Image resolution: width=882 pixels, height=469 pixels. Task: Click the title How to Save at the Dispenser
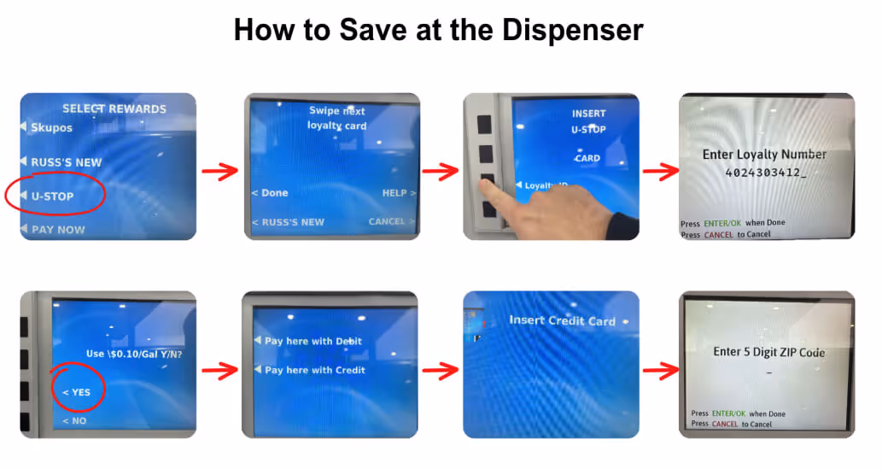[438, 30]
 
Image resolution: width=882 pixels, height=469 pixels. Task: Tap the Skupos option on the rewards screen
[51, 127]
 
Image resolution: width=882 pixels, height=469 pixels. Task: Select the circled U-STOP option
[53, 196]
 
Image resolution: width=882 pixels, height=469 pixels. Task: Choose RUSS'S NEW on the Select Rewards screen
[66, 162]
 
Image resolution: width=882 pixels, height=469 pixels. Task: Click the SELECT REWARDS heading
[114, 108]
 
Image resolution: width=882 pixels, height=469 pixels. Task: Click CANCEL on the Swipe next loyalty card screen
[388, 221]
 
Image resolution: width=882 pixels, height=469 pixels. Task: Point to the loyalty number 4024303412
[764, 173]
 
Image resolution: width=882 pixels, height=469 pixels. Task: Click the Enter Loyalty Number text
[764, 155]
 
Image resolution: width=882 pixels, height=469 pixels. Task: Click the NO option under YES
[74, 421]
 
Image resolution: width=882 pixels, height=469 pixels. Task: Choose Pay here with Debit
[312, 341]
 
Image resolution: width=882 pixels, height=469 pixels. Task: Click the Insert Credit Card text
[561, 321]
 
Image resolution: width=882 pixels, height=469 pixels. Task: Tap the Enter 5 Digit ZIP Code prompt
[768, 352]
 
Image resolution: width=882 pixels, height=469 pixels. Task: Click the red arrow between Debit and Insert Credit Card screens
[440, 371]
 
